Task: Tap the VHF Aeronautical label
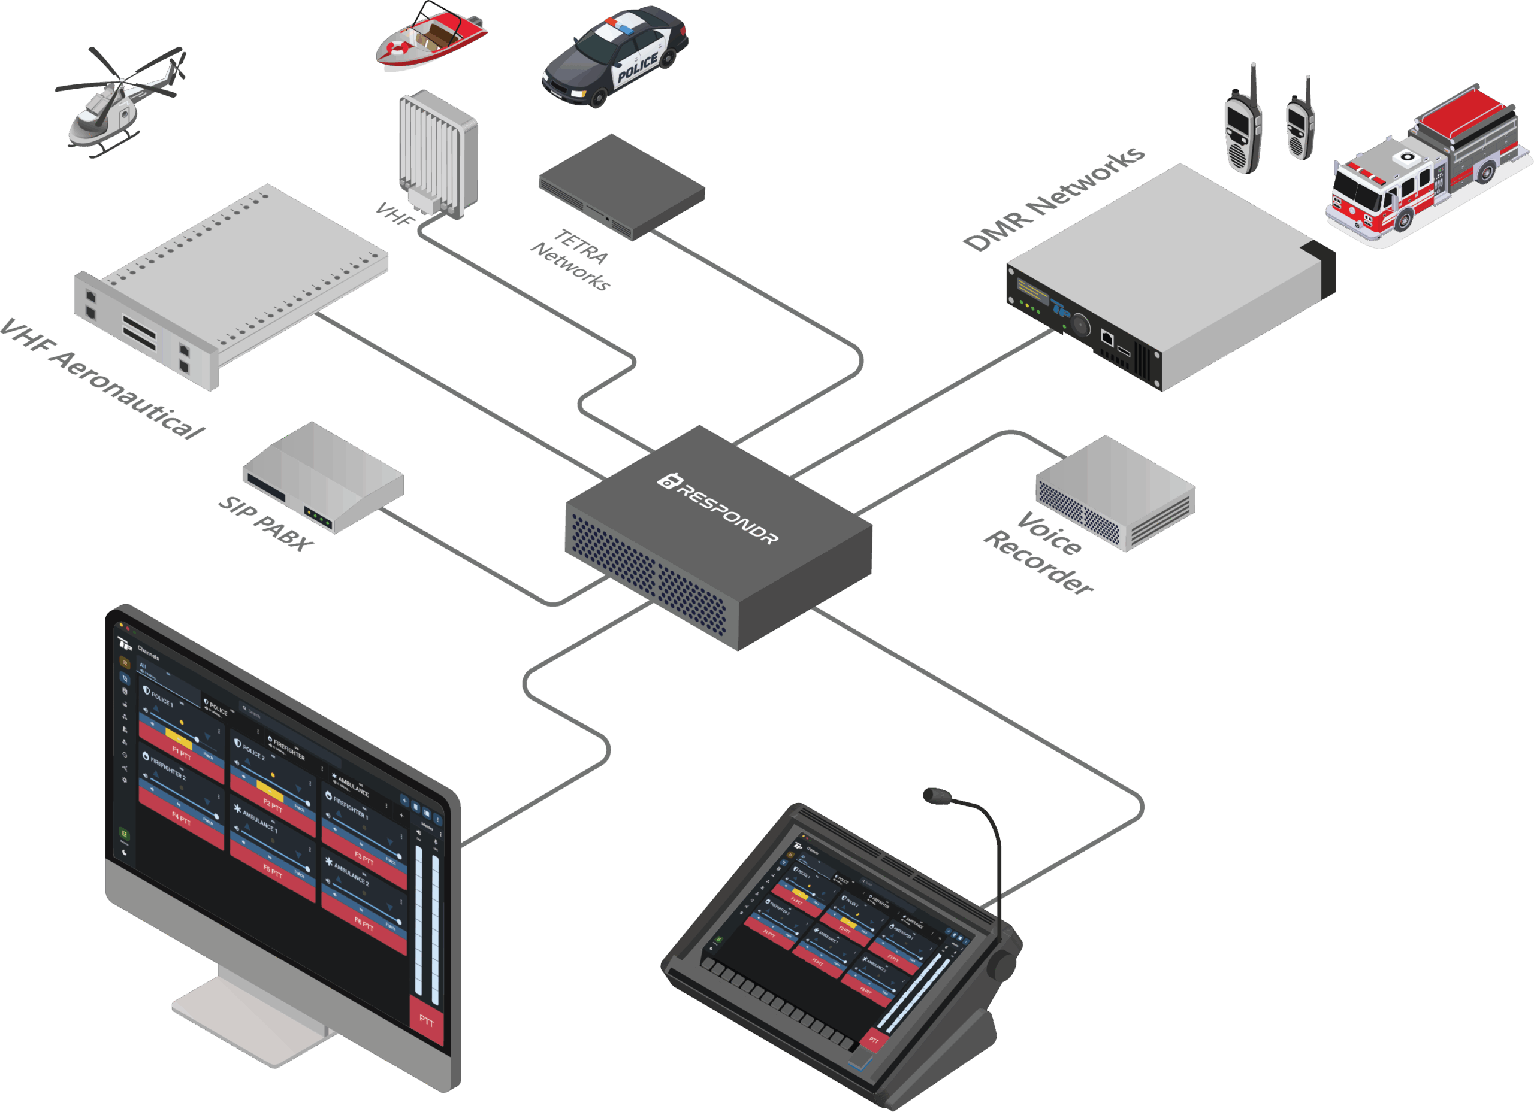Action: coord(101,378)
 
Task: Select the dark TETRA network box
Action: coord(621,185)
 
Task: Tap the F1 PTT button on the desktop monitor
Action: coord(182,754)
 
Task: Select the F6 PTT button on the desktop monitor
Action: coord(364,923)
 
